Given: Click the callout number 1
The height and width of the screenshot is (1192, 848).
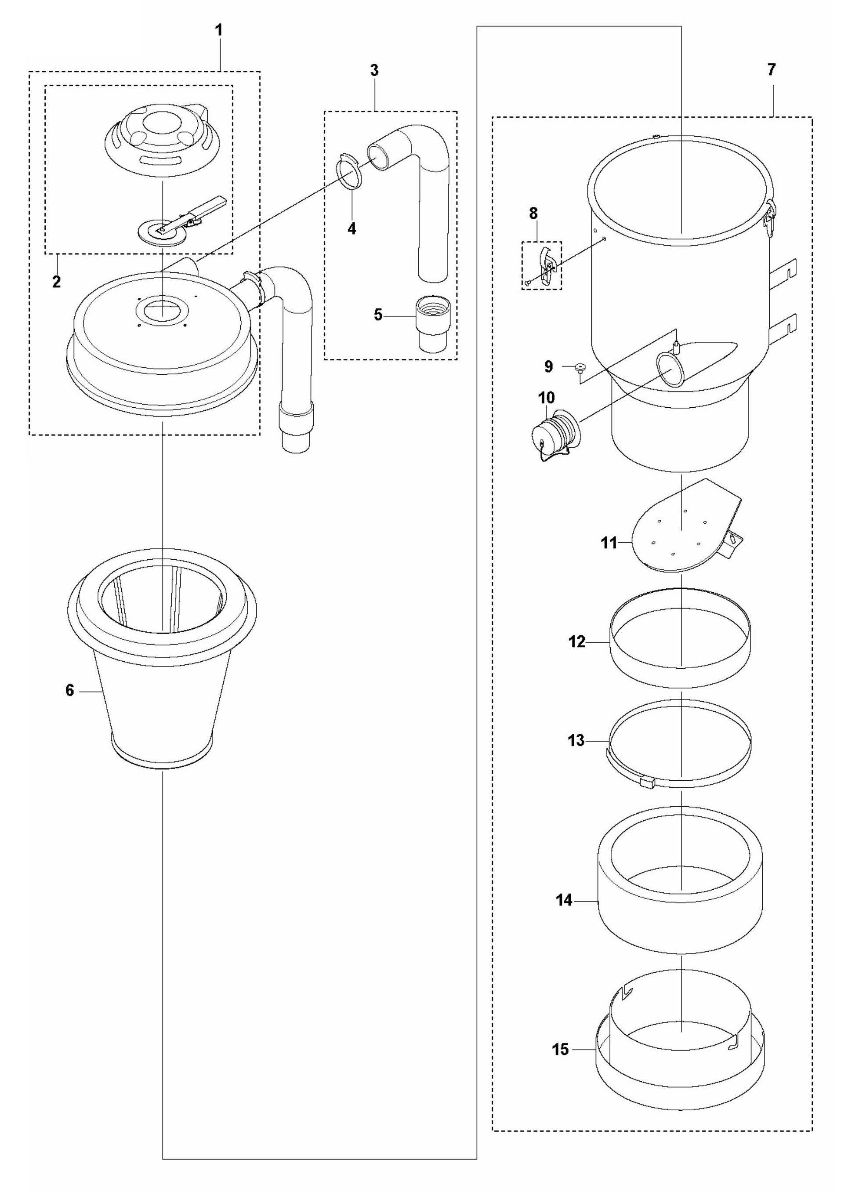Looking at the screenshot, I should point(219,30).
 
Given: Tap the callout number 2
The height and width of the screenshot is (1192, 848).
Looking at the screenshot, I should point(56,282).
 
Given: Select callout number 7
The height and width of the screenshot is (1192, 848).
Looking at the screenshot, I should point(771,69).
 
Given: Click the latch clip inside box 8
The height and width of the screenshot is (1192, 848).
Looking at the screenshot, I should point(546,266).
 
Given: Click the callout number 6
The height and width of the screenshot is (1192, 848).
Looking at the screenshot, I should point(70,690).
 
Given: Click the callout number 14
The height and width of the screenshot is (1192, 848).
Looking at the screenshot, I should point(564,901).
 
